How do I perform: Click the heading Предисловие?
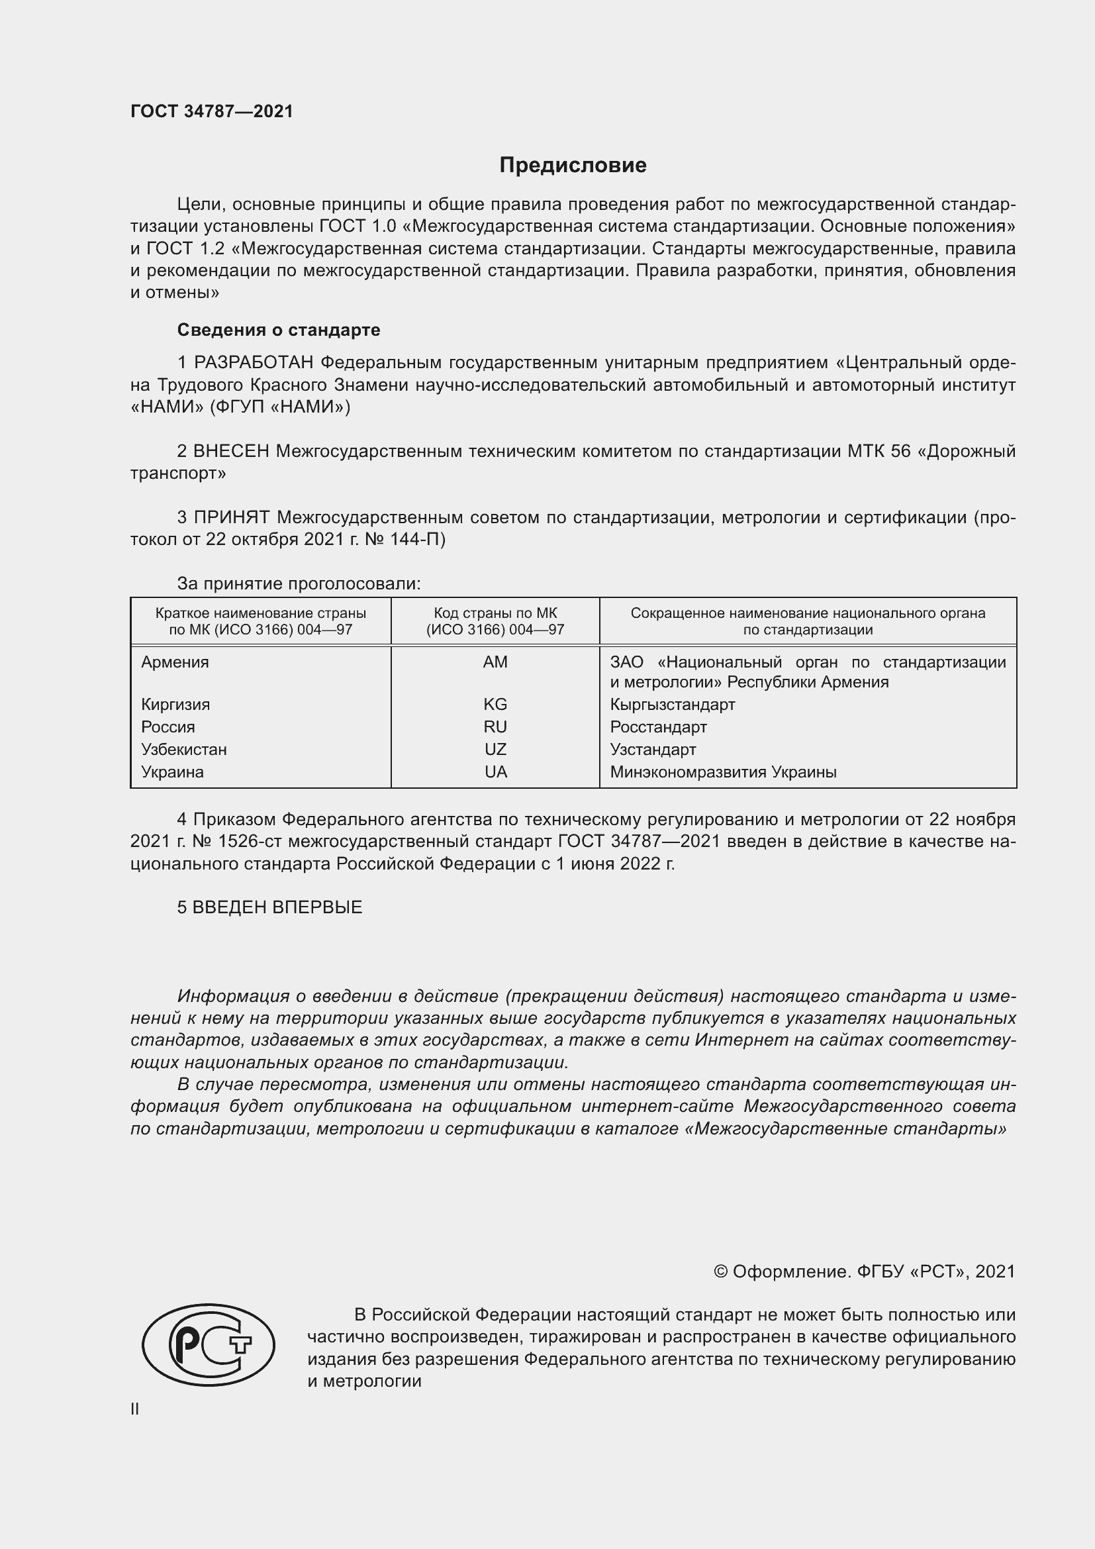point(573,166)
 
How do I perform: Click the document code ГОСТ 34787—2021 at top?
point(212,111)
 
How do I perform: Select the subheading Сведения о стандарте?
point(279,330)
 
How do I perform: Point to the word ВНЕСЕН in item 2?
point(231,451)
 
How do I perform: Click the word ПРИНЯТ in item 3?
point(231,517)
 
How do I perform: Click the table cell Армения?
point(175,662)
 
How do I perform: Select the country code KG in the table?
point(495,705)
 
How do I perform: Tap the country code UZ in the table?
point(495,750)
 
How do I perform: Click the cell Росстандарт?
point(658,727)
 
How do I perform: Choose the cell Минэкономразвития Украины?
point(723,772)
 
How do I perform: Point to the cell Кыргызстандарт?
point(672,705)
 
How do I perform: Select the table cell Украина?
point(172,772)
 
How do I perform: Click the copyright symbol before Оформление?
point(720,1272)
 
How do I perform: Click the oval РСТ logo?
point(209,1344)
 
